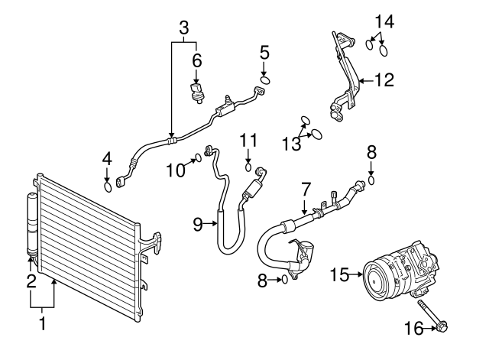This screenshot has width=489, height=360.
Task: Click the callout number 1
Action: (x=42, y=323)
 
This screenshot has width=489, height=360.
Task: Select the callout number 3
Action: (x=183, y=28)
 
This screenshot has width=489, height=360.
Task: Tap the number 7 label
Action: (x=305, y=187)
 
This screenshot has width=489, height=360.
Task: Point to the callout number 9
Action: (x=197, y=224)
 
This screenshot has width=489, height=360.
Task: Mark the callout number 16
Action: (x=413, y=329)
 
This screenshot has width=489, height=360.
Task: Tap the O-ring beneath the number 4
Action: (x=108, y=185)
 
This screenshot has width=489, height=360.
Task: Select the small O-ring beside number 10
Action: (x=198, y=158)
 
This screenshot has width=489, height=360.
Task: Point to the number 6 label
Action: (x=196, y=60)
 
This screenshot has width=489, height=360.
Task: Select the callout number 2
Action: (x=31, y=281)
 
